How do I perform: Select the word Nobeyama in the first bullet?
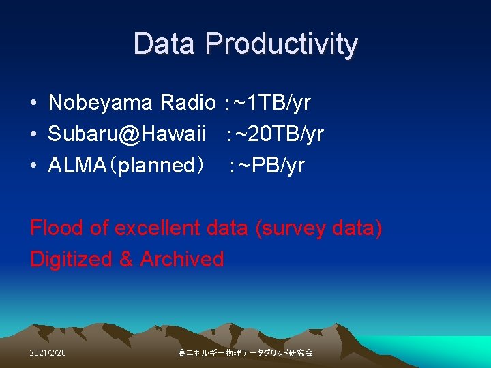(x=101, y=103)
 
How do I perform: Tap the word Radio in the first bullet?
(x=188, y=103)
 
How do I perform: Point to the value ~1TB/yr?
(x=271, y=104)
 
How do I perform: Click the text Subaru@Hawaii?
(x=127, y=134)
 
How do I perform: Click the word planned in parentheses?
(x=156, y=166)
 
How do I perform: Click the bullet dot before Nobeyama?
(x=33, y=104)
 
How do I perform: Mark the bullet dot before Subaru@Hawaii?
(x=33, y=135)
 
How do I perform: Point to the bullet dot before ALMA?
(x=33, y=166)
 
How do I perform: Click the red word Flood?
(x=57, y=228)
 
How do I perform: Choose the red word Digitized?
(x=71, y=260)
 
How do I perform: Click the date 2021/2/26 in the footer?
(x=48, y=353)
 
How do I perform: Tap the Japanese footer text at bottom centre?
(x=245, y=353)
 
